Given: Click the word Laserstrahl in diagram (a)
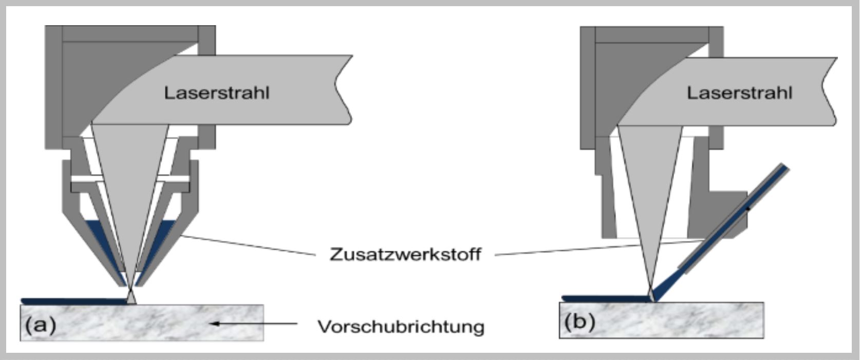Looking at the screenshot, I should click(216, 93).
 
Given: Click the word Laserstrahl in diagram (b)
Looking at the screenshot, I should click(739, 93).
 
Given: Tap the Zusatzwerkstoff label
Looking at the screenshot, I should click(405, 254).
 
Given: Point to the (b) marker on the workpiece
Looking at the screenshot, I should click(579, 322).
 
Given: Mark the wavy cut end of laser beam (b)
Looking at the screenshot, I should click(828, 90).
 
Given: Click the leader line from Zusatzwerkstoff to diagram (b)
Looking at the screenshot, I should click(591, 248).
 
